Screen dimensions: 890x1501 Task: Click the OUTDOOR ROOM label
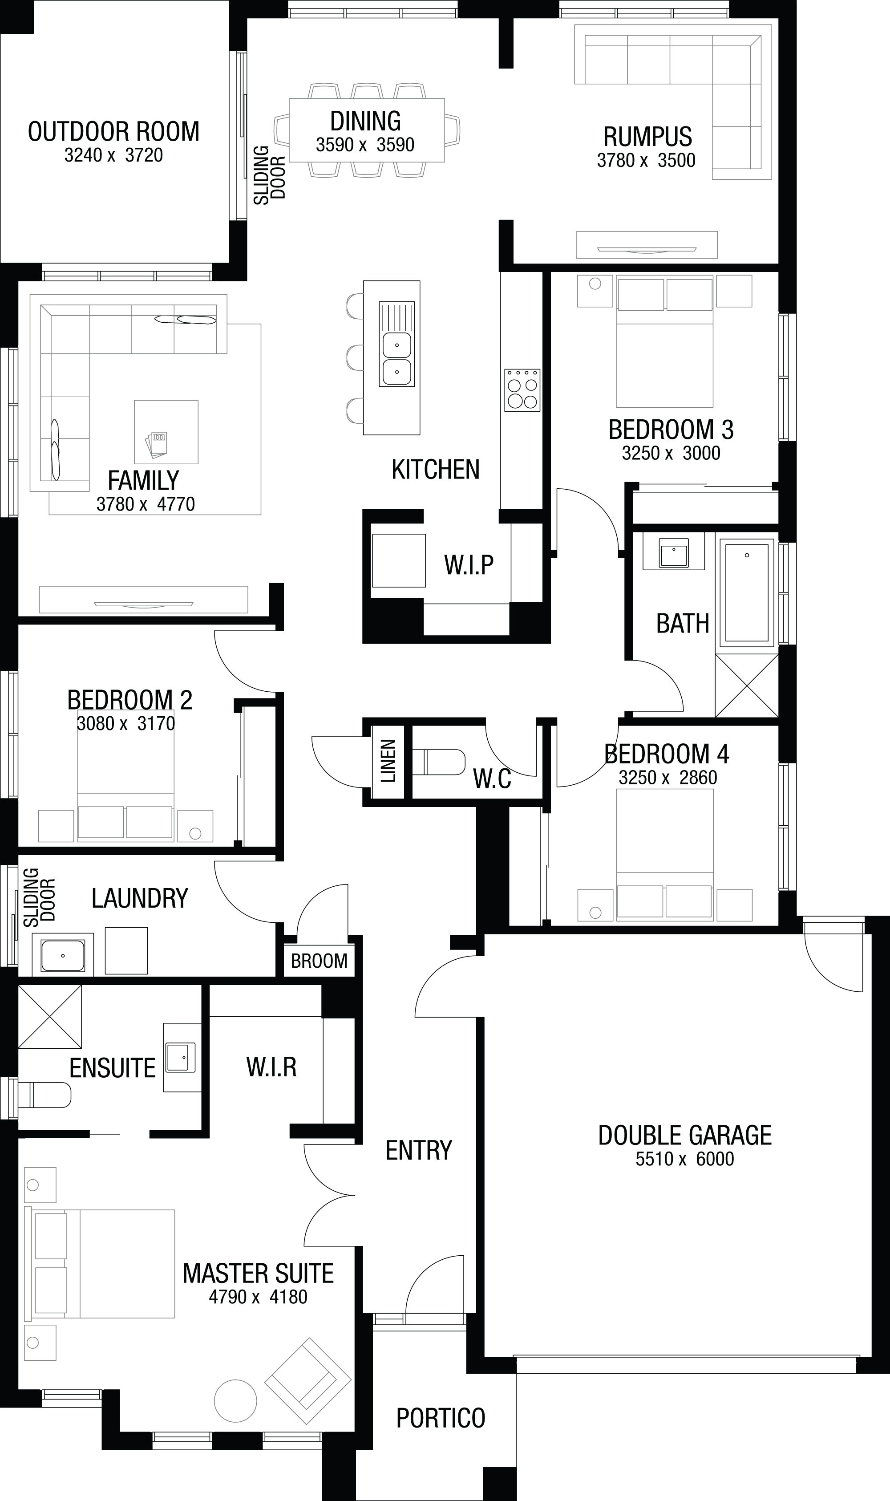(113, 131)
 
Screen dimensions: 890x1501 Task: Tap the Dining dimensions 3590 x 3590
(365, 145)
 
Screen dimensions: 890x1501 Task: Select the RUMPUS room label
(648, 137)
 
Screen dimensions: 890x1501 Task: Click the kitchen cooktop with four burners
(522, 390)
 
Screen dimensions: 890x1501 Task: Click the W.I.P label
(469, 564)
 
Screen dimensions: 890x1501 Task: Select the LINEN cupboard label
(388, 761)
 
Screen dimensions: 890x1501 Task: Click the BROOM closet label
(319, 961)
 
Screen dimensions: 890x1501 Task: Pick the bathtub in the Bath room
(747, 592)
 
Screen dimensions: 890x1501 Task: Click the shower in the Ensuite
(50, 1017)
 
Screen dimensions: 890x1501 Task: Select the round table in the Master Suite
(236, 1401)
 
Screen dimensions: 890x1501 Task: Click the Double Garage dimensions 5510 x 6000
(685, 1158)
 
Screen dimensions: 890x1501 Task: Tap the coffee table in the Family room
(166, 432)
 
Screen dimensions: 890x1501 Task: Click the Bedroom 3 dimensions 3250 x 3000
(671, 453)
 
